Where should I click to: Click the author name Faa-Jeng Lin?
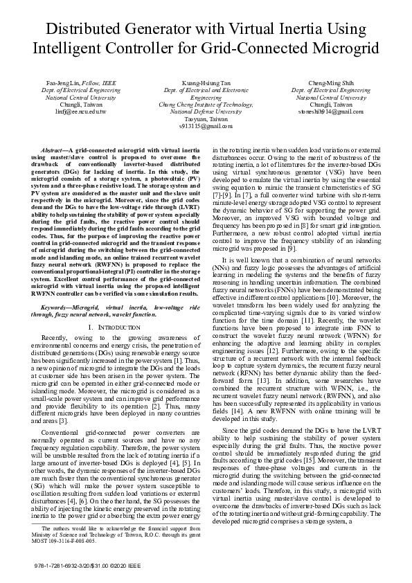click(63, 82)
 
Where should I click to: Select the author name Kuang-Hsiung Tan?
click(205, 82)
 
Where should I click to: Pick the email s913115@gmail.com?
click(205, 126)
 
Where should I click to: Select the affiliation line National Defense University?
click(205, 111)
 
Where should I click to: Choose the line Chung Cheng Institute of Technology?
click(205, 104)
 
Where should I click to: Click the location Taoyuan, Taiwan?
click(205, 118)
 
